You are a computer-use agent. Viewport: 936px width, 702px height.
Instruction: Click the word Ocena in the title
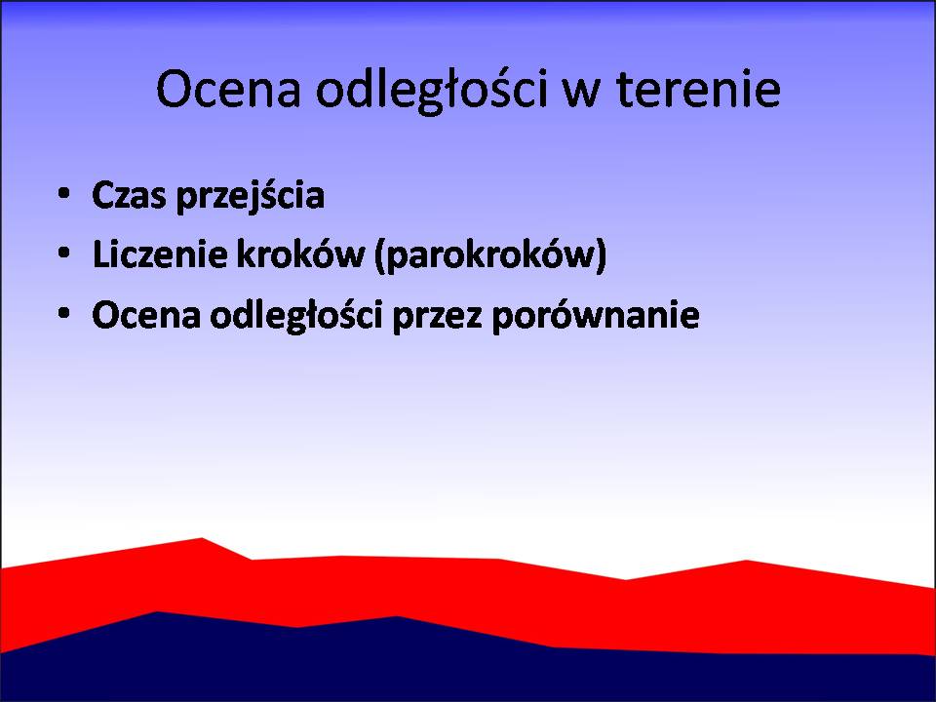point(228,89)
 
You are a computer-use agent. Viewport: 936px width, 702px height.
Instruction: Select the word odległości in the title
point(432,90)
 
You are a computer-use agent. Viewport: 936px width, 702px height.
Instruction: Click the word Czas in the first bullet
point(129,195)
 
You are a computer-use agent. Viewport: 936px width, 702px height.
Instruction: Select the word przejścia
point(251,196)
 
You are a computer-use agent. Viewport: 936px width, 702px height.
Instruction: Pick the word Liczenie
point(160,253)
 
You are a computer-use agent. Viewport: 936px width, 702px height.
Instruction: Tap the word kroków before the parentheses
point(300,253)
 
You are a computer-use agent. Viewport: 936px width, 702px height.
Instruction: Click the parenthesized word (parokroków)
point(490,255)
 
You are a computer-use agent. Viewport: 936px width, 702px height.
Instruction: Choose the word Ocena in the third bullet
point(146,315)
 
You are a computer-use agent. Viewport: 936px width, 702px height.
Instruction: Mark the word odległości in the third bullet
point(296,316)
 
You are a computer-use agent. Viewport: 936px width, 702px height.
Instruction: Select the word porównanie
point(595,316)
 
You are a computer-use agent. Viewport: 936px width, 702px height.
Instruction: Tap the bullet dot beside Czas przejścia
point(64,193)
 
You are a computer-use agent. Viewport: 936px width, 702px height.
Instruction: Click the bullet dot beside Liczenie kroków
point(64,253)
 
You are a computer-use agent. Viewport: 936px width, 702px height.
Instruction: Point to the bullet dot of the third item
point(64,313)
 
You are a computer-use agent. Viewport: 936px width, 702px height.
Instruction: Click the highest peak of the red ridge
point(202,538)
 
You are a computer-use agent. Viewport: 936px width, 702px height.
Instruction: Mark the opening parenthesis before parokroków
point(379,255)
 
